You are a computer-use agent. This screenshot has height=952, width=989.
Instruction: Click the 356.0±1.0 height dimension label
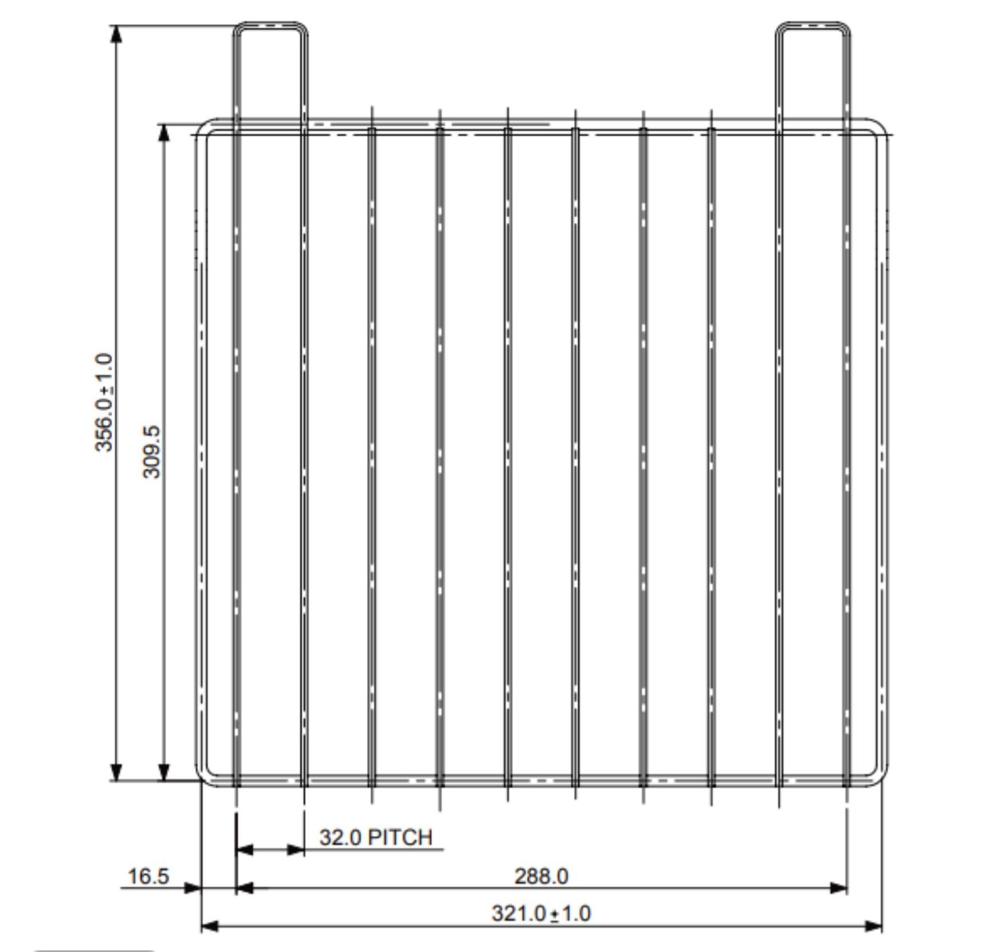[104, 402]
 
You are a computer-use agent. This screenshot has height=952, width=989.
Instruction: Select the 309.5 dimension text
[152, 451]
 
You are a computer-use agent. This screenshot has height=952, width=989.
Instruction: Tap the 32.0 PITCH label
[376, 837]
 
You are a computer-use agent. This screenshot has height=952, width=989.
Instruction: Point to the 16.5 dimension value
[148, 876]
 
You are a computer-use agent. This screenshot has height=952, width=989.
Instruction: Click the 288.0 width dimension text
[541, 876]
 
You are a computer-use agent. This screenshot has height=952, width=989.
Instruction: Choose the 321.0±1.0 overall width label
[541, 912]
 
